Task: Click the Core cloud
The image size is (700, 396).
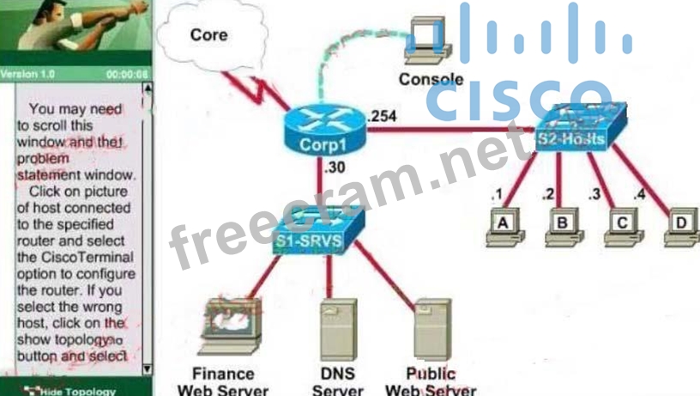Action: [209, 35]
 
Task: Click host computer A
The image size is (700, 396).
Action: [504, 226]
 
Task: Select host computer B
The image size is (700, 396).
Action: [563, 226]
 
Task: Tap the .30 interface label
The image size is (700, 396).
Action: [335, 168]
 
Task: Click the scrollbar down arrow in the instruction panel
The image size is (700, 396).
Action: [147, 369]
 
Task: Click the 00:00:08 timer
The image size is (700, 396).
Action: [126, 74]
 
